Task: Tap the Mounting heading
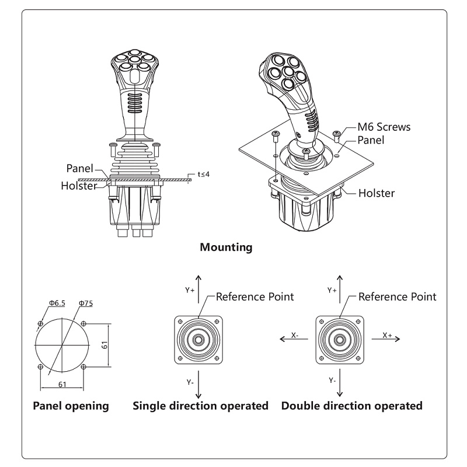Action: pos(226,247)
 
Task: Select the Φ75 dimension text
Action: pos(85,303)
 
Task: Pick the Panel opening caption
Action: pos(71,406)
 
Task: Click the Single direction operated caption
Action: pos(201,406)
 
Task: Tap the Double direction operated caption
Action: pos(352,406)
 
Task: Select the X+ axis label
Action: pos(387,335)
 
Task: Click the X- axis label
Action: pos(295,336)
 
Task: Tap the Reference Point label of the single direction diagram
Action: pos(255,297)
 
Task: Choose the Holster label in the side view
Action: pos(79,186)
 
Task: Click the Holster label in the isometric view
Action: pos(377,193)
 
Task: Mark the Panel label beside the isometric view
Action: pos(371,140)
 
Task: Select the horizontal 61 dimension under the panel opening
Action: pos(61,384)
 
